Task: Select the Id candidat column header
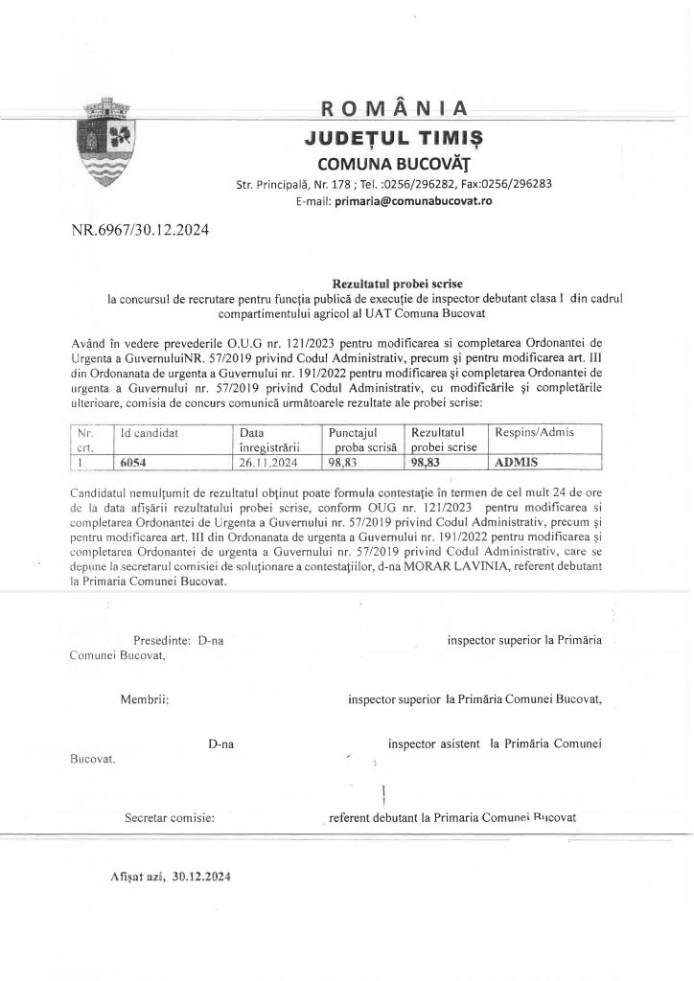pos(147,433)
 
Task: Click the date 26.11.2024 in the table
pos(273,461)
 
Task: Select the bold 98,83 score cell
pos(430,461)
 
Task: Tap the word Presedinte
pos(162,639)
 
